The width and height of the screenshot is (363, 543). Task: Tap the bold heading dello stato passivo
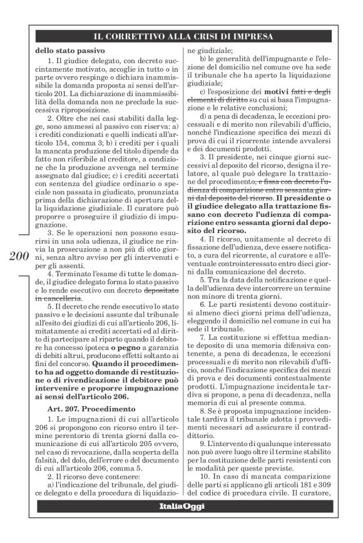61,49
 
